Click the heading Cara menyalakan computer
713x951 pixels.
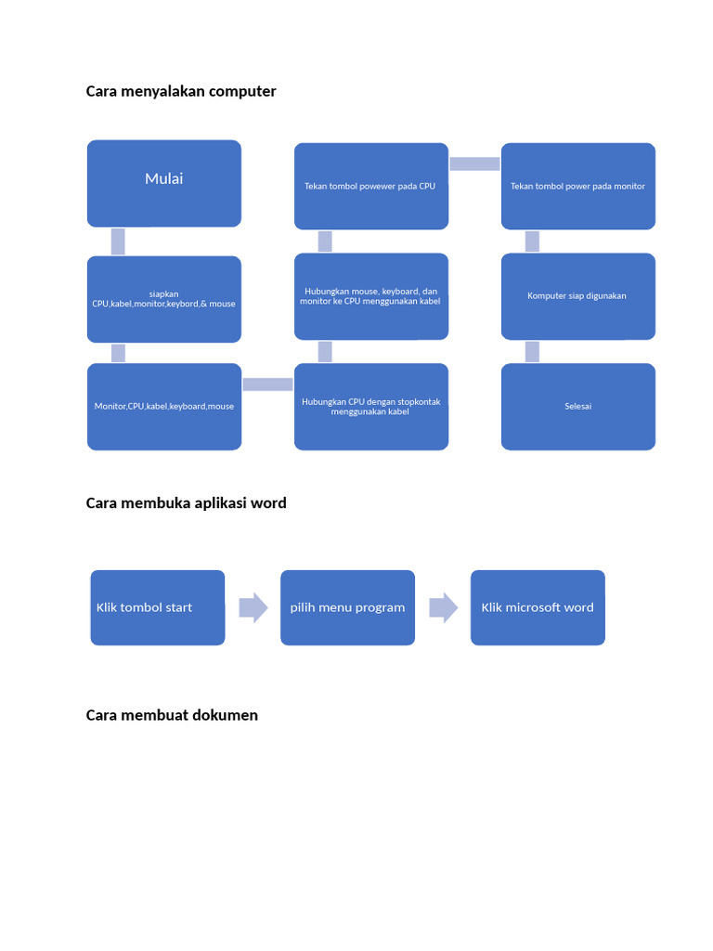coord(181,91)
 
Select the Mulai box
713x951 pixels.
coord(164,183)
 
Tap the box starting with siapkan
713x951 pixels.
coord(164,299)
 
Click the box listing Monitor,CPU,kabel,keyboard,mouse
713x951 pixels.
coord(164,407)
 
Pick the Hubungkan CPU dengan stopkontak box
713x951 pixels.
coord(371,407)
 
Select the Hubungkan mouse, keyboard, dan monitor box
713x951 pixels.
coord(371,297)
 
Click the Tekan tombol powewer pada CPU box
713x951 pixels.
coord(371,186)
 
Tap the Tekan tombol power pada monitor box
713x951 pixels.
coord(577,186)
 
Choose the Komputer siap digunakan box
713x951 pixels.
coord(577,296)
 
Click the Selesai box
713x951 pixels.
coord(577,407)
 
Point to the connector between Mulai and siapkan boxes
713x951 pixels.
coord(118,241)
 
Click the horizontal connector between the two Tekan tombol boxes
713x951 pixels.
coord(474,163)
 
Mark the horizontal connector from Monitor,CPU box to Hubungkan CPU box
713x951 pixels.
coord(267,384)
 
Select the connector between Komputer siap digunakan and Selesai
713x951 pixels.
coord(532,351)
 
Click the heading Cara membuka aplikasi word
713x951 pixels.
coord(186,503)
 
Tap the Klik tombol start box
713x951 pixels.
coord(158,607)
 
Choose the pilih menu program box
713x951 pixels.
coord(347,607)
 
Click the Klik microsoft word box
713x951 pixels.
coord(538,607)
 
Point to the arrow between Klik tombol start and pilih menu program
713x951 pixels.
coord(253,608)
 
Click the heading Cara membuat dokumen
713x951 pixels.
coord(172,715)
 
